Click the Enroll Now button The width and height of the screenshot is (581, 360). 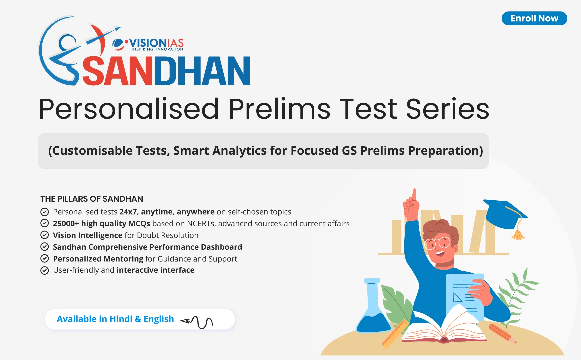(534, 18)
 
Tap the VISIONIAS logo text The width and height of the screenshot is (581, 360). (156, 44)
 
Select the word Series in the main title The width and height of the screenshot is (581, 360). (447, 109)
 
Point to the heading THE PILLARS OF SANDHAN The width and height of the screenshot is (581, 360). (92, 199)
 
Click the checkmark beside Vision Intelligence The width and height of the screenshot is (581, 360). (45, 235)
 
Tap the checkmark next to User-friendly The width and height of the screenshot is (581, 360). (45, 270)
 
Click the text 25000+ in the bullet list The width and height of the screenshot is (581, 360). (66, 223)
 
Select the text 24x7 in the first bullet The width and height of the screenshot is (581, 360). (128, 212)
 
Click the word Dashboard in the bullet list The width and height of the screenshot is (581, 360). (221, 247)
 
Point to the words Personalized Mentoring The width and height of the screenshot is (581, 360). (98, 259)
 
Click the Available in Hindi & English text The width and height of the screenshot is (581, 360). (115, 319)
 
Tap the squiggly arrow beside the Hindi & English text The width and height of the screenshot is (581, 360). (197, 321)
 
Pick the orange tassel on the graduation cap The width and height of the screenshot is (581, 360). (518, 233)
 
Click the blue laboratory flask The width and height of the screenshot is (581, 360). (373, 310)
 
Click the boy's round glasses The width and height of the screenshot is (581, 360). (438, 243)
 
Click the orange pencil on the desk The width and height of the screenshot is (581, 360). (502, 333)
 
